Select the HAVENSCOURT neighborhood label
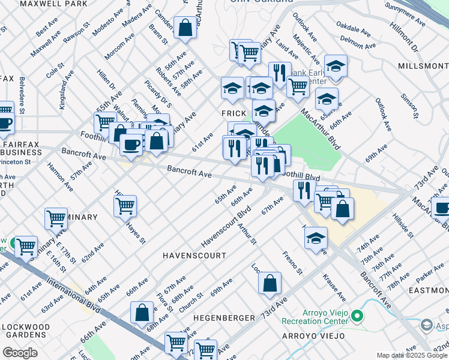pyautogui.click(x=194, y=256)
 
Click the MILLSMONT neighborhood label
pyautogui.click(x=423, y=65)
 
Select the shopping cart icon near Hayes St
pyautogui.click(x=125, y=206)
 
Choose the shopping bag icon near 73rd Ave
pyautogui.click(x=270, y=282)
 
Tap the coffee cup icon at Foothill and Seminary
pyautogui.click(x=131, y=144)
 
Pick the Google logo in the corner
pyautogui.click(x=20, y=353)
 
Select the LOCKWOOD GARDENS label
pyautogui.click(x=25, y=331)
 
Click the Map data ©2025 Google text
pyautogui.click(x=411, y=356)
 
